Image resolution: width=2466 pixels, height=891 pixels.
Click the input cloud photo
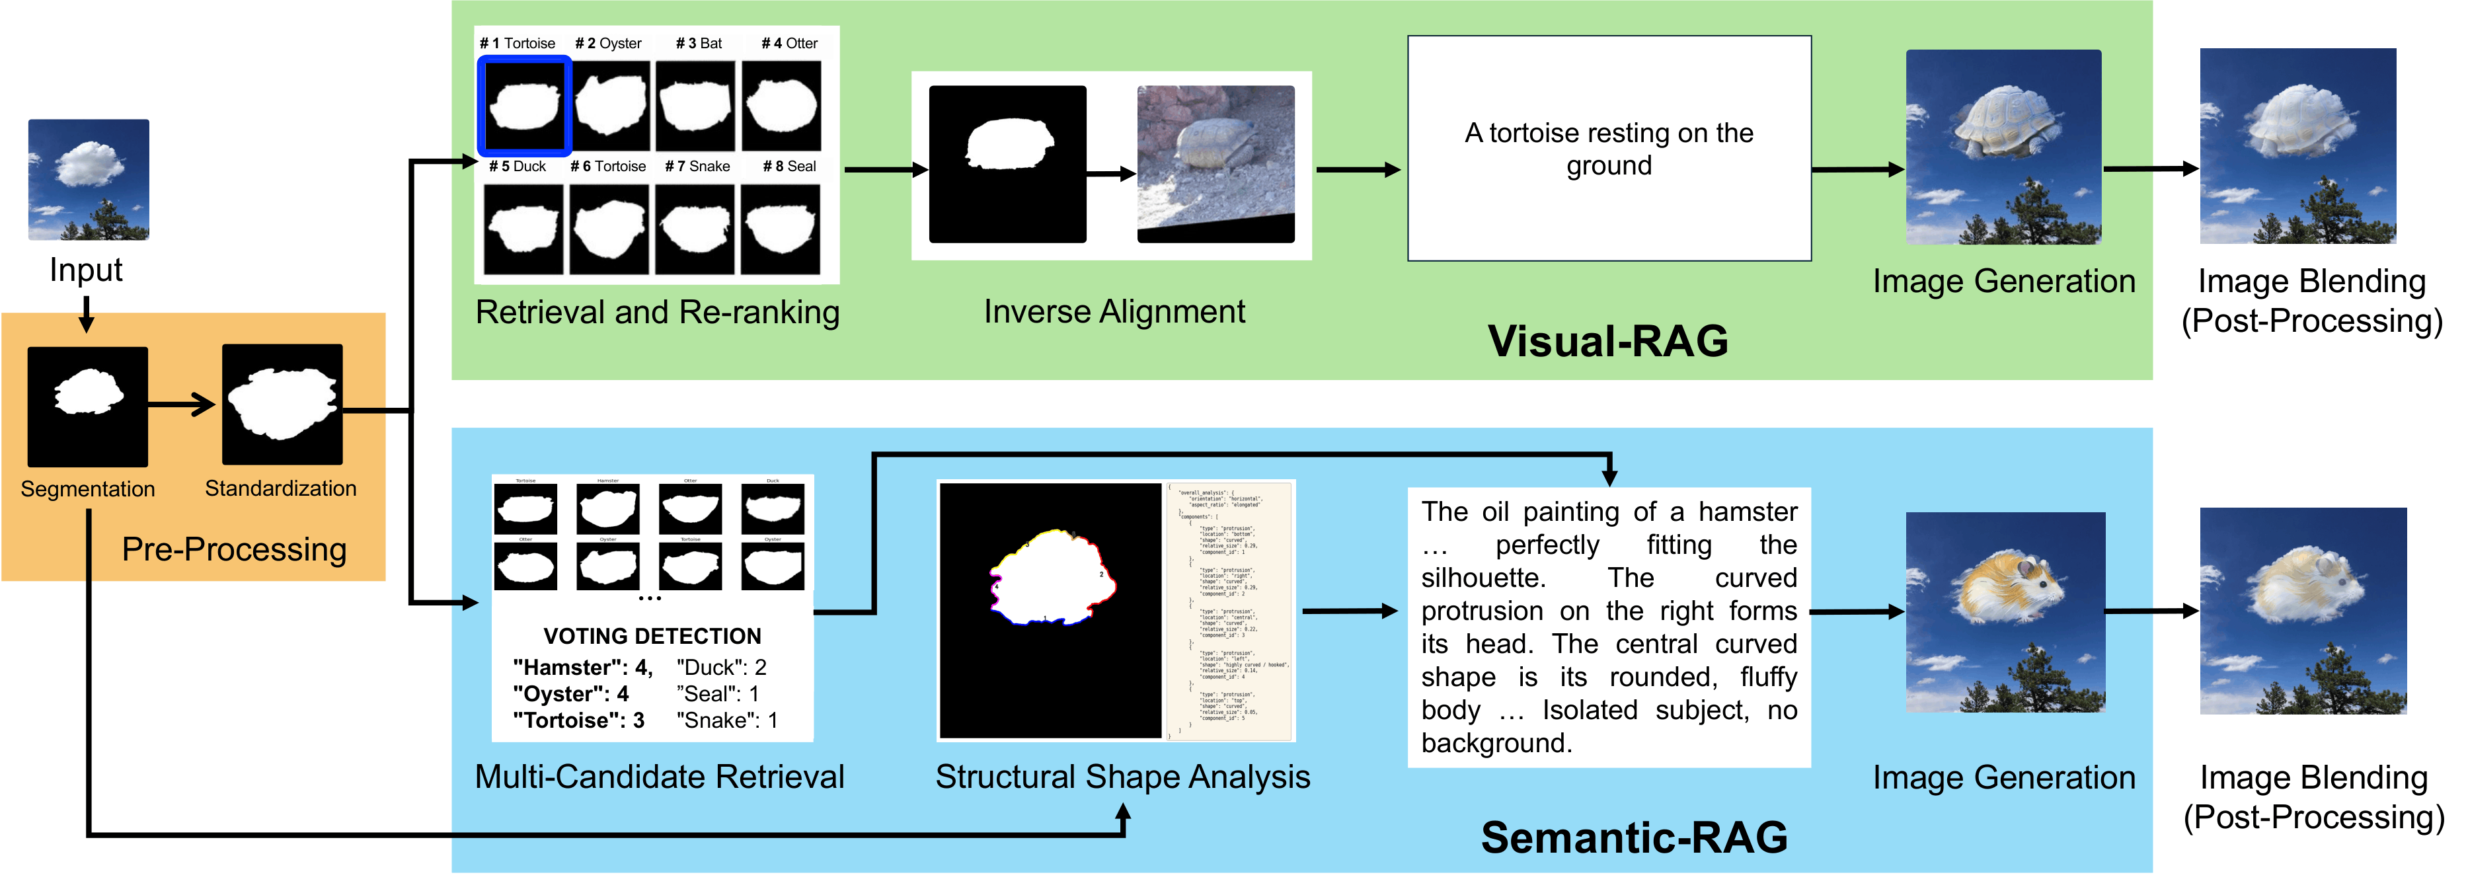point(88,179)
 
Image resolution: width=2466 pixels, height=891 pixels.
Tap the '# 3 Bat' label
point(699,43)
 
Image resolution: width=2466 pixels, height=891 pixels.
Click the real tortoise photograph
point(1215,164)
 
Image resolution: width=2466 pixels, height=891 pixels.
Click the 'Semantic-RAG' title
point(1633,837)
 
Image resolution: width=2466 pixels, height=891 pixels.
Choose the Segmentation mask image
point(88,406)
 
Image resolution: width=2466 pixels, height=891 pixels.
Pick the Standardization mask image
point(282,404)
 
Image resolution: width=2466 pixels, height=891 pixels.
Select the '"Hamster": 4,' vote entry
point(582,667)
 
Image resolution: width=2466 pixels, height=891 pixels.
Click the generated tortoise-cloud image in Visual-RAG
point(2003,147)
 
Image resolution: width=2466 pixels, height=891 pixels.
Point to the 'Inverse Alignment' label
point(1114,312)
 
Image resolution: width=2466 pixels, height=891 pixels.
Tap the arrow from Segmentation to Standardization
point(182,405)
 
